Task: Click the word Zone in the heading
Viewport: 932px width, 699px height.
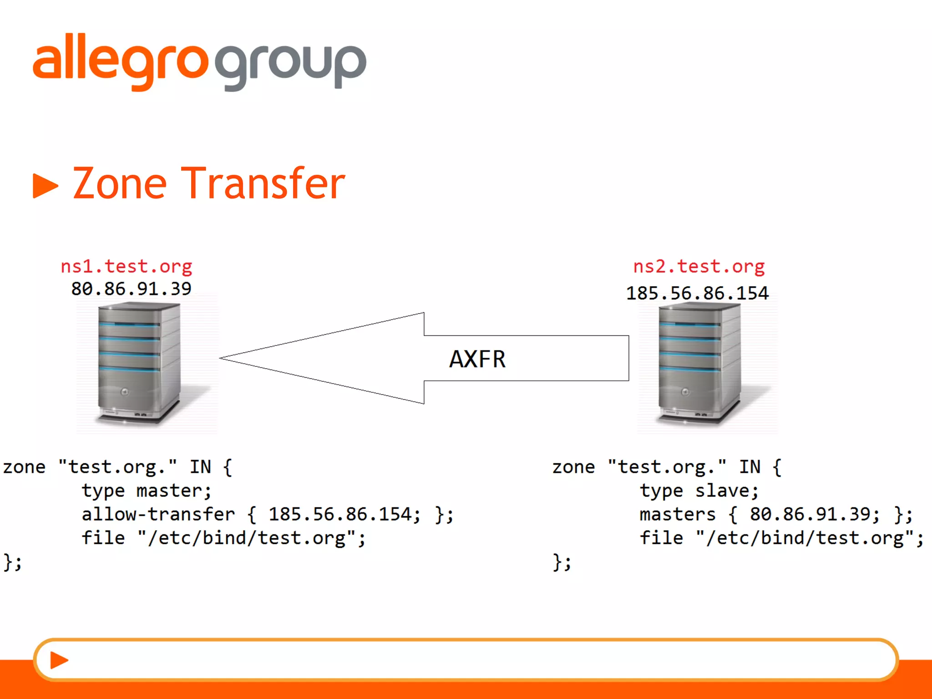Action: [120, 183]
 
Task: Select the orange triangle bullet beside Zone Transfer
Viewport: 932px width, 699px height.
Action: [45, 186]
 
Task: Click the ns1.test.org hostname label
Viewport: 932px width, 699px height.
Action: [127, 266]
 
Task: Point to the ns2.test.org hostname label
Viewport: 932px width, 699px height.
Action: [699, 266]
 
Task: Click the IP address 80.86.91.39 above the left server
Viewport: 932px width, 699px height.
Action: [131, 289]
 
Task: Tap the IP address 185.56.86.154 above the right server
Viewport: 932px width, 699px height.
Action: [697, 293]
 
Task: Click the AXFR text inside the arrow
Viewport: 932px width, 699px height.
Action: [477, 359]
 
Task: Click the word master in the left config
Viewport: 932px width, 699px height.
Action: [173, 491]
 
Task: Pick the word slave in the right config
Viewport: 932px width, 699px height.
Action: [726, 491]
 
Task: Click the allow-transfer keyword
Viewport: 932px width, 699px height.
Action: [158, 515]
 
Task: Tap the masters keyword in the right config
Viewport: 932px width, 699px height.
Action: [678, 515]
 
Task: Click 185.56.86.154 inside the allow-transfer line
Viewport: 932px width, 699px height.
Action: [344, 515]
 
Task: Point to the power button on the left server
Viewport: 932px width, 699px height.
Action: [125, 392]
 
